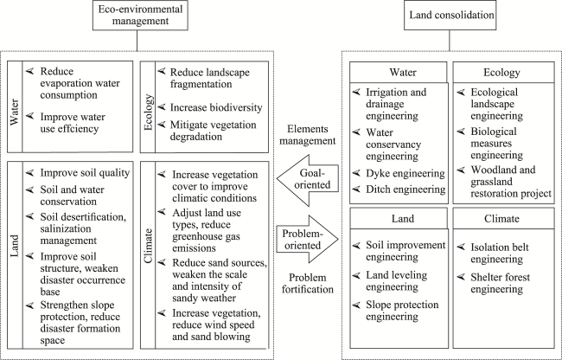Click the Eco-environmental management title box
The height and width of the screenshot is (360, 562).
[x=140, y=15]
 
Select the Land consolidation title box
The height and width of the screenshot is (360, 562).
[x=450, y=15]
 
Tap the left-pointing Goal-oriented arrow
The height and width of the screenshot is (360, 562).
[x=308, y=180]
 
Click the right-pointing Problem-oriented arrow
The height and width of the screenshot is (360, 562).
[x=308, y=240]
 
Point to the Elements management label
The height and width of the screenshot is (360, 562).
[x=308, y=135]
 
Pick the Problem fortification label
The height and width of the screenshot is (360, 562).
[x=308, y=283]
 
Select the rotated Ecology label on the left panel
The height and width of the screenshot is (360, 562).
[x=148, y=112]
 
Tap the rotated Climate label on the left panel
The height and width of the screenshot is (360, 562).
[x=148, y=246]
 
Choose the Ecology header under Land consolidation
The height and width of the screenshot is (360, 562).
[x=501, y=73]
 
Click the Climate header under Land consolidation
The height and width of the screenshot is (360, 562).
[x=501, y=218]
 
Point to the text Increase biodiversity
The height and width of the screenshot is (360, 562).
[x=216, y=107]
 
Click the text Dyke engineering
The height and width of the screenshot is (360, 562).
[x=406, y=174]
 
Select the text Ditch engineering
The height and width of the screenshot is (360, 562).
[x=406, y=190]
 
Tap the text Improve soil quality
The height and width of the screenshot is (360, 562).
[x=85, y=173]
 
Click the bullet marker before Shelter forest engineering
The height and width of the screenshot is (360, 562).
[x=462, y=277]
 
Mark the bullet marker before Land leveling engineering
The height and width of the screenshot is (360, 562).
[x=356, y=275]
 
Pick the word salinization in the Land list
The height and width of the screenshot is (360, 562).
[x=66, y=228]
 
